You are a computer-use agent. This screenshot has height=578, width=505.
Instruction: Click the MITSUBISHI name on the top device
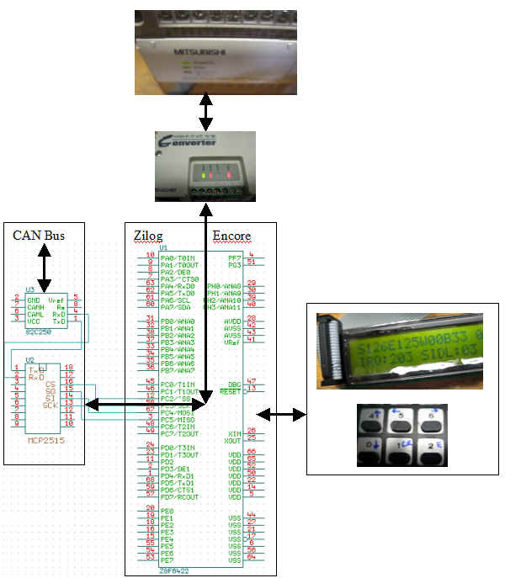coord(201,52)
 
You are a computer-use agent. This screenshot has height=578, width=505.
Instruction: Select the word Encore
coord(232,235)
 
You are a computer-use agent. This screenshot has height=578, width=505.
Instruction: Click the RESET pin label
coord(230,391)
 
